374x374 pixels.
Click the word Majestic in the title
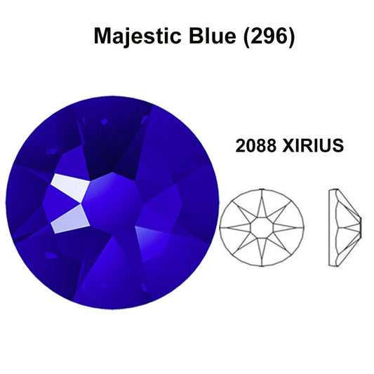(x=137, y=36)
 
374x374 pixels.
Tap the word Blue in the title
(x=213, y=36)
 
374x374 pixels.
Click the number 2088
(x=255, y=145)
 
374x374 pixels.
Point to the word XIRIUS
(x=313, y=145)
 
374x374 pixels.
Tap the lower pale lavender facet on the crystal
(x=71, y=220)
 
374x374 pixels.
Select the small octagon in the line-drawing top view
(x=262, y=227)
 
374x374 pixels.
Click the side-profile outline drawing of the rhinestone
(x=345, y=227)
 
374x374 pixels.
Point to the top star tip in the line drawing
(x=262, y=190)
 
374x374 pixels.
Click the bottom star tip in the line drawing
(x=262, y=265)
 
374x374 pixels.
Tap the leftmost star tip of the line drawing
(x=220, y=227)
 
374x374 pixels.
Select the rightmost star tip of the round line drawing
(x=303, y=227)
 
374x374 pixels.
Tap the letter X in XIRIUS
(x=288, y=145)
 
